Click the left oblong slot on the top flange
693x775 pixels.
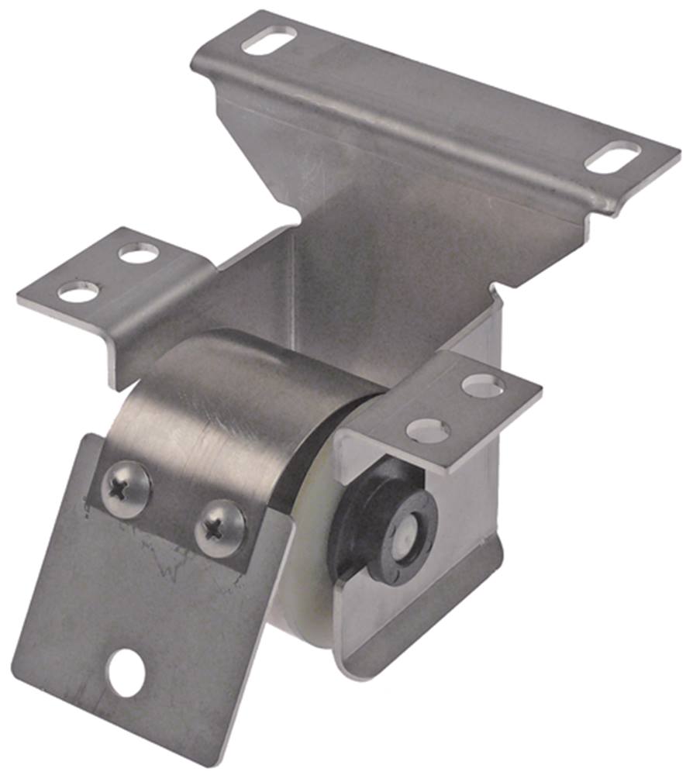coord(269,40)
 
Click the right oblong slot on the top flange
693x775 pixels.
coord(612,157)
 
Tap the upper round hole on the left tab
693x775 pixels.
coord(139,253)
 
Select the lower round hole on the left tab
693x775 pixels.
coord(78,292)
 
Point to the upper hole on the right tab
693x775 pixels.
coord(482,385)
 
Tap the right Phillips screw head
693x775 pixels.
coord(219,528)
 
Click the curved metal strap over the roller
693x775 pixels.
coord(233,403)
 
